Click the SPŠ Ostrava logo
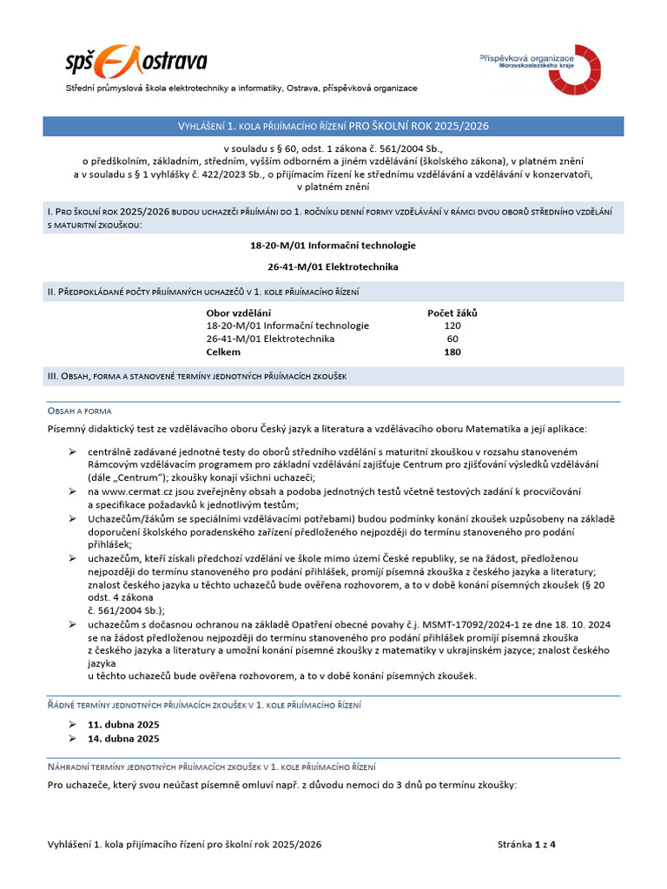tap(136, 62)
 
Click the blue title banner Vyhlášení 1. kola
tap(333, 126)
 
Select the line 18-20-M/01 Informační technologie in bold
tap(333, 246)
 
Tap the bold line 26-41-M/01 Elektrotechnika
tap(333, 267)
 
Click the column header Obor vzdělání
tap(239, 313)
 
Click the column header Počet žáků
tap(452, 313)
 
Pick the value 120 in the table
tap(452, 326)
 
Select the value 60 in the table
tap(452, 339)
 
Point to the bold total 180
tap(452, 352)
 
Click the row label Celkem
tap(223, 352)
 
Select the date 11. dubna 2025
tap(123, 724)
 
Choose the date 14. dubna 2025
tap(123, 739)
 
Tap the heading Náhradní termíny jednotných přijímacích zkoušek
tap(211, 767)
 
